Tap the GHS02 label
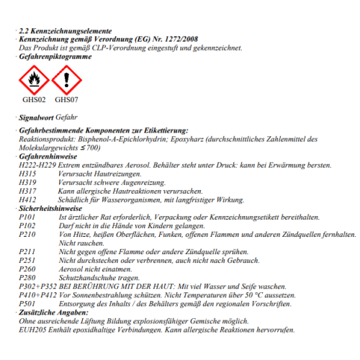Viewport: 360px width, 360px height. point(34,100)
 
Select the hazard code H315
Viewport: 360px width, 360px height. point(28,174)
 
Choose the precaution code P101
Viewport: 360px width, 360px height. point(28,217)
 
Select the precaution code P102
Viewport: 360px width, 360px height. point(28,225)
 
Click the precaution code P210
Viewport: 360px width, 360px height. point(28,234)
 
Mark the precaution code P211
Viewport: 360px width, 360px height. point(28,251)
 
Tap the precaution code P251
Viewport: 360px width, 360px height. point(28,260)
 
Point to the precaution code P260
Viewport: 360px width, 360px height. point(28,269)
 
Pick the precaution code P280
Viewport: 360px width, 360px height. point(28,277)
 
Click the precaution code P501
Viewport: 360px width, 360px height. point(28,303)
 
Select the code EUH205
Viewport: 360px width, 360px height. point(32,329)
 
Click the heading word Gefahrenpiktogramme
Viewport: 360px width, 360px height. point(55,56)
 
